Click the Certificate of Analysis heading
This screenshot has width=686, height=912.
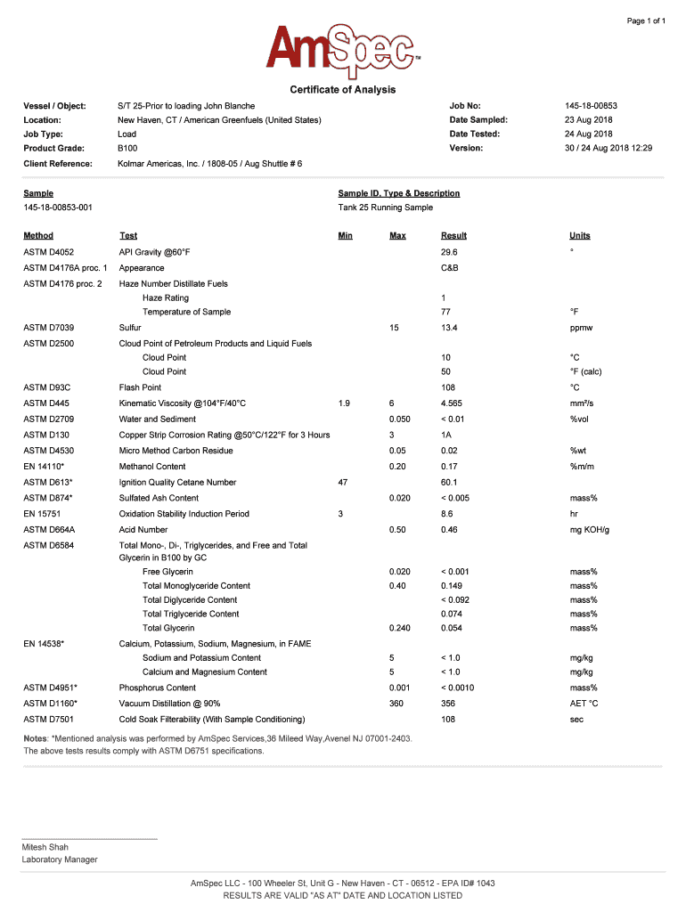coord(343,90)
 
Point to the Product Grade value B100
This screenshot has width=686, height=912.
coord(127,148)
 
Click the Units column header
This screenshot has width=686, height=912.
coord(580,236)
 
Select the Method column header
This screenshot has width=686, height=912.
coord(38,236)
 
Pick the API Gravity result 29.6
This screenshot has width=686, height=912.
coord(449,252)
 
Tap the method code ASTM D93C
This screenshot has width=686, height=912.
coord(46,387)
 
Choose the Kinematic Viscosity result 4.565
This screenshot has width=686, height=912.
coord(453,403)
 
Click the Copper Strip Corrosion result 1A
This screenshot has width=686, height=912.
coord(447,435)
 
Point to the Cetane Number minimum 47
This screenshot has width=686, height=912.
coord(343,482)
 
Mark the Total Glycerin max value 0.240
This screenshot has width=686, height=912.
coord(400,629)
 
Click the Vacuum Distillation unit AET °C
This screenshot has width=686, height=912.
coord(584,704)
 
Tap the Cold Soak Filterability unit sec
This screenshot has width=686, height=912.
coord(577,719)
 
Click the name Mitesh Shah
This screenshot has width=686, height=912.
coord(45,847)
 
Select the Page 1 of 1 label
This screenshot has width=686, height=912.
coord(646,20)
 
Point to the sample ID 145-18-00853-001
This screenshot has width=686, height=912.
coord(58,208)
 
